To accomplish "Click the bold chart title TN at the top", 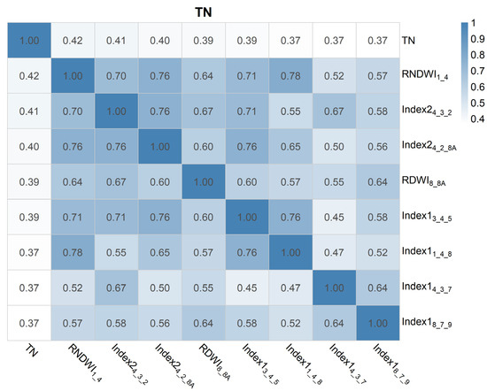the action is (204, 12).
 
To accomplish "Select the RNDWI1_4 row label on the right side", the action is (424, 75).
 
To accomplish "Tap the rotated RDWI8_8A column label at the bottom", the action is (214, 362).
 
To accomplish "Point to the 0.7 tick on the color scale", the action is (477, 71).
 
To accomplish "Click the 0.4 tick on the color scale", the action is (477, 119).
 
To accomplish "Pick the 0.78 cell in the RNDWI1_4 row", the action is (290, 76).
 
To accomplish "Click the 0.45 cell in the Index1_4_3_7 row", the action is (247, 287).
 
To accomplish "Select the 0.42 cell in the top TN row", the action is (73, 41).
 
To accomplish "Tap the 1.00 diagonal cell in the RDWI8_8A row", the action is (204, 182).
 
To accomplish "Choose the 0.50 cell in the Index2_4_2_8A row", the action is (334, 147).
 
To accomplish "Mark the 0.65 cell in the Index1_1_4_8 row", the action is (160, 252).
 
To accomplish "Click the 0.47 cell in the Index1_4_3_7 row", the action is (290, 287).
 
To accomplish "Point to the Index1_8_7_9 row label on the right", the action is (427, 322).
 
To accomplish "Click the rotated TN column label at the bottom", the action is (31, 350).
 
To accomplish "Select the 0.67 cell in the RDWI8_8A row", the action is (116, 182).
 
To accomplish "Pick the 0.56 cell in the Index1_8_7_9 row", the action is (160, 323).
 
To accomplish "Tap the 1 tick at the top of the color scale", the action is (474, 23).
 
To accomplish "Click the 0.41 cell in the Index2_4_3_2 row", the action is (29, 111).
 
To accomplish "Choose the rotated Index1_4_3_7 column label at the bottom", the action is (347, 364).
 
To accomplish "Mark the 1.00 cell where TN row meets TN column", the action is (29, 41).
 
